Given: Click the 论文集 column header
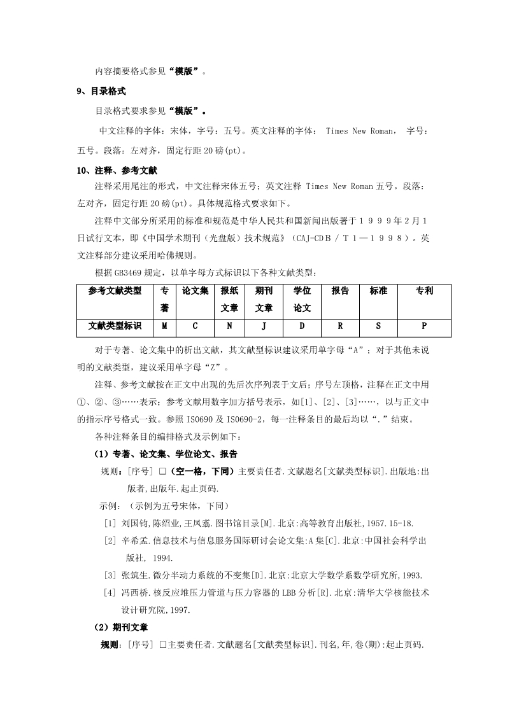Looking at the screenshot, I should [x=195, y=290].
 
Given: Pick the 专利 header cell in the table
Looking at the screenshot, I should [x=424, y=290].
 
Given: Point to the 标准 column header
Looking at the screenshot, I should [x=378, y=290].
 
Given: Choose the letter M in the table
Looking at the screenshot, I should [x=164, y=326].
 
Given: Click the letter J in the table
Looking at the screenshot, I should [x=264, y=326].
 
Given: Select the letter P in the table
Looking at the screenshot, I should [x=424, y=326].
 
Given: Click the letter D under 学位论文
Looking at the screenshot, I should [x=302, y=326].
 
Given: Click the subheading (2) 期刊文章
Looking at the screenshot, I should [x=121, y=627].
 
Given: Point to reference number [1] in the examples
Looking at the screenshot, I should [x=109, y=523].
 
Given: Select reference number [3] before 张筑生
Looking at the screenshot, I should [x=109, y=575].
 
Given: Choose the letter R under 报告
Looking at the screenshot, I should [x=340, y=326].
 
